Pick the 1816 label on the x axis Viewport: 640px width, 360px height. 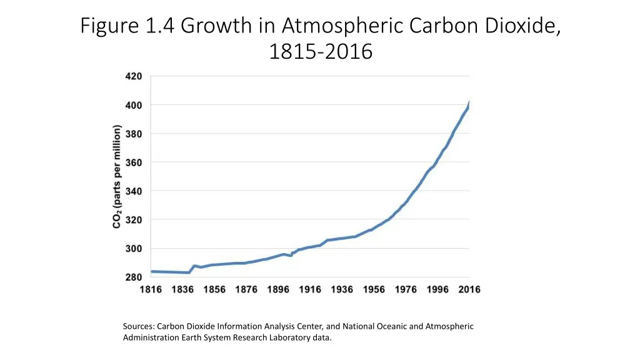(151, 289)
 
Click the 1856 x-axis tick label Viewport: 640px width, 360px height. (214, 289)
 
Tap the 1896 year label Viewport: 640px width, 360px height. (278, 289)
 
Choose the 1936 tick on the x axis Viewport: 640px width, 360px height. (342, 289)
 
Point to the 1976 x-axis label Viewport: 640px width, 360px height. (406, 289)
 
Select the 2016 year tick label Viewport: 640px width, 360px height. (469, 289)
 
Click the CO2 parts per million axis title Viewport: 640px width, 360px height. (117, 177)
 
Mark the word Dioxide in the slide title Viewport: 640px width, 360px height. (521, 26)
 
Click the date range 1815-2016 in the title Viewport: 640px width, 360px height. (320, 51)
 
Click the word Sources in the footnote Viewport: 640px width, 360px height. (138, 326)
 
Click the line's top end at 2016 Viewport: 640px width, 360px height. (469, 102)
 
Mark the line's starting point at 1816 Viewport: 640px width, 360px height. (152, 271)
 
